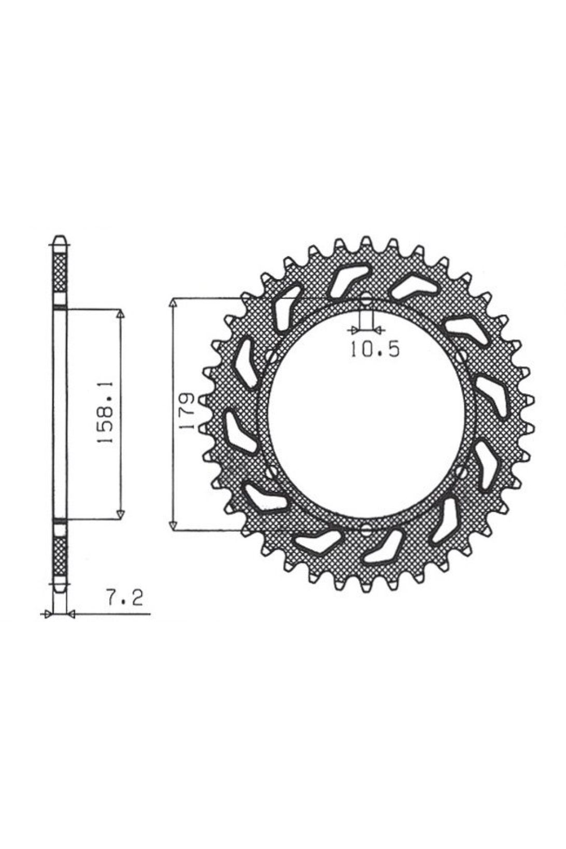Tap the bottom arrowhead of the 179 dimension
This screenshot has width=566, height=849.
(173, 525)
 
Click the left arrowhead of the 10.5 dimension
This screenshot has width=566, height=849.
(354, 331)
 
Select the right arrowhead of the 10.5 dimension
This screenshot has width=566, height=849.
(379, 331)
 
